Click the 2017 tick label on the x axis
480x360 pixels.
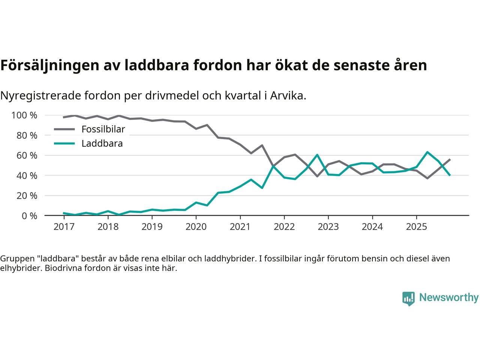[x=64, y=227]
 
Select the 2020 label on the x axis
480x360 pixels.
[x=196, y=227]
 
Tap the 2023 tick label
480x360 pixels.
[x=328, y=227]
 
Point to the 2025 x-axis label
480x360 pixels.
[x=416, y=227]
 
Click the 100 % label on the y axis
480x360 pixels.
[x=24, y=115]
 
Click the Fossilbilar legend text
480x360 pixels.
[x=103, y=129]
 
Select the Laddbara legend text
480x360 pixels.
[x=102, y=143]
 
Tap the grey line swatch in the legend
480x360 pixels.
[x=64, y=129]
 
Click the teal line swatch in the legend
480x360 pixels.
[x=64, y=143]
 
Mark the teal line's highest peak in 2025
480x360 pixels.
[x=427, y=152]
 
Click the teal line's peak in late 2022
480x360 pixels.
[x=317, y=155]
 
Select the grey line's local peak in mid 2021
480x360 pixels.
[x=262, y=145]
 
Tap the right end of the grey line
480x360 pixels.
[x=450, y=159]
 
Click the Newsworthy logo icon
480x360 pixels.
[x=408, y=298]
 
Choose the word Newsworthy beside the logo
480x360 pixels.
[x=448, y=298]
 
